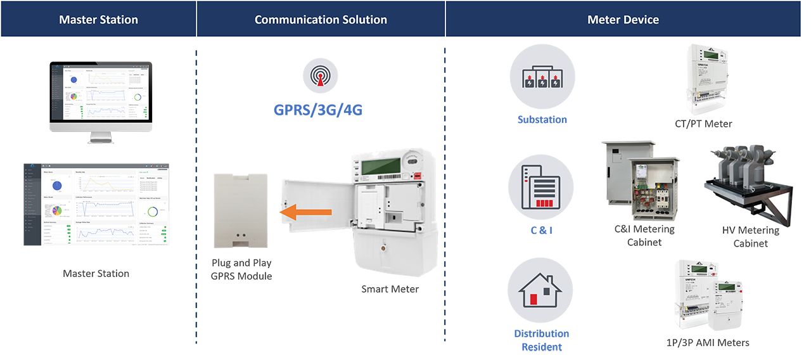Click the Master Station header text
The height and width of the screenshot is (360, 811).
click(x=98, y=20)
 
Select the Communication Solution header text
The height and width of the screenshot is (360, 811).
click(x=321, y=20)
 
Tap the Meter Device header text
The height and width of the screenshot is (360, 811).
click(x=623, y=20)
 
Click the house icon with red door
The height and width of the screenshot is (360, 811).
click(x=540, y=293)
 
